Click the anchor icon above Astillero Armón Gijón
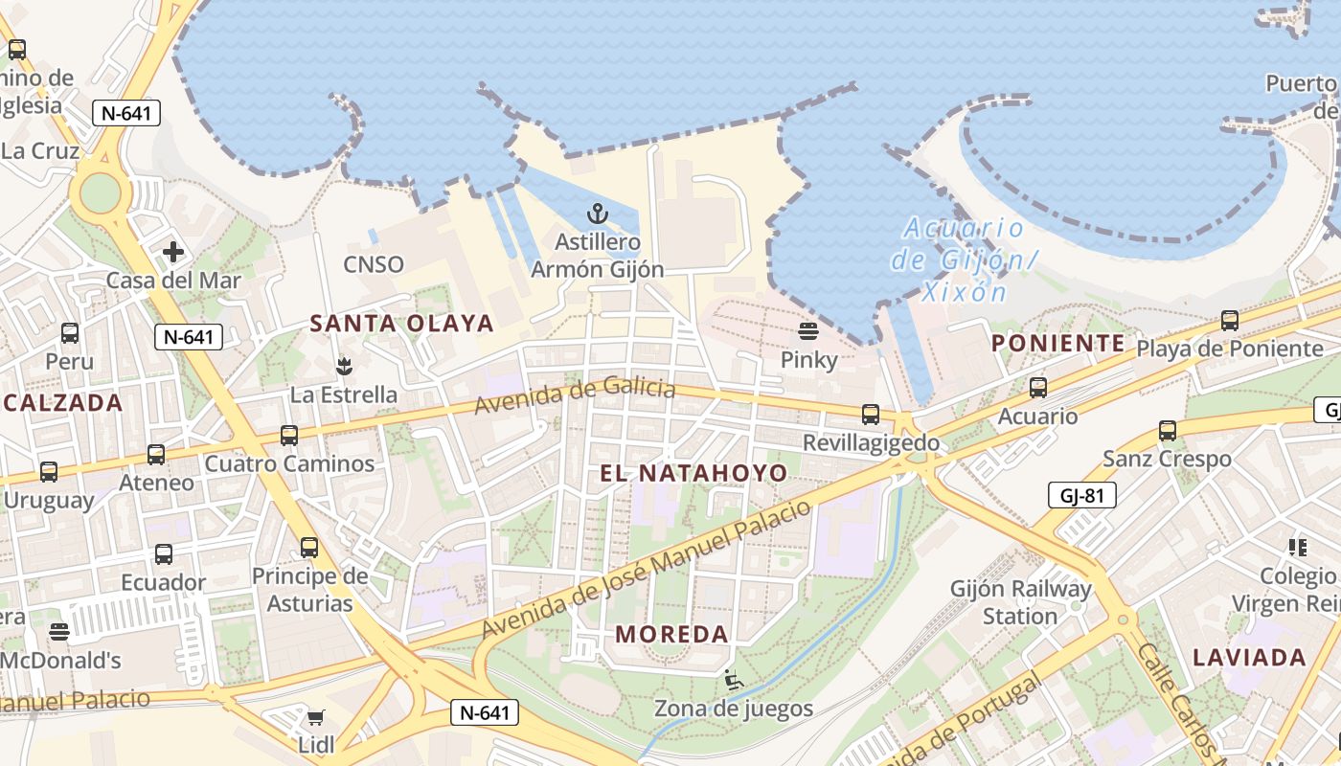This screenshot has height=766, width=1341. click(598, 213)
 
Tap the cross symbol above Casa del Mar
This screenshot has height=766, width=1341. click(173, 252)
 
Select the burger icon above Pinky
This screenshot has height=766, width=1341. click(808, 331)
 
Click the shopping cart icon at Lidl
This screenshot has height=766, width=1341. click(315, 717)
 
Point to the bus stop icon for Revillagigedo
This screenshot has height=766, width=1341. click(870, 415)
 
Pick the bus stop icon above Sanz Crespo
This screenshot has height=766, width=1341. click(1167, 431)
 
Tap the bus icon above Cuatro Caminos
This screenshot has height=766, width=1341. click(289, 436)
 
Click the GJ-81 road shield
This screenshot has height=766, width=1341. click(1081, 495)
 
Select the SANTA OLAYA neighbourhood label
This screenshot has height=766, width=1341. click(401, 324)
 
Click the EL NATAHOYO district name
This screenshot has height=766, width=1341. click(693, 473)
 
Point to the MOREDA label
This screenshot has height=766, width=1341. click(671, 634)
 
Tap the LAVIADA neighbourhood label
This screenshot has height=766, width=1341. click(1249, 658)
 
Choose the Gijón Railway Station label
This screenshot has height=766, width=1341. click(1020, 602)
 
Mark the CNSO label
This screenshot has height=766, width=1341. click(374, 264)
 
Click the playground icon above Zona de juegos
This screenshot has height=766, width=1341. click(734, 680)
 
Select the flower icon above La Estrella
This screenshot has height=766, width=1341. click(342, 365)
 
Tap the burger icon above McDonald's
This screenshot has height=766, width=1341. click(59, 632)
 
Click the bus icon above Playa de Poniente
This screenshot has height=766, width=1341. click(1230, 321)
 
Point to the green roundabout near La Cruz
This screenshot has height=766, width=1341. click(100, 193)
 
